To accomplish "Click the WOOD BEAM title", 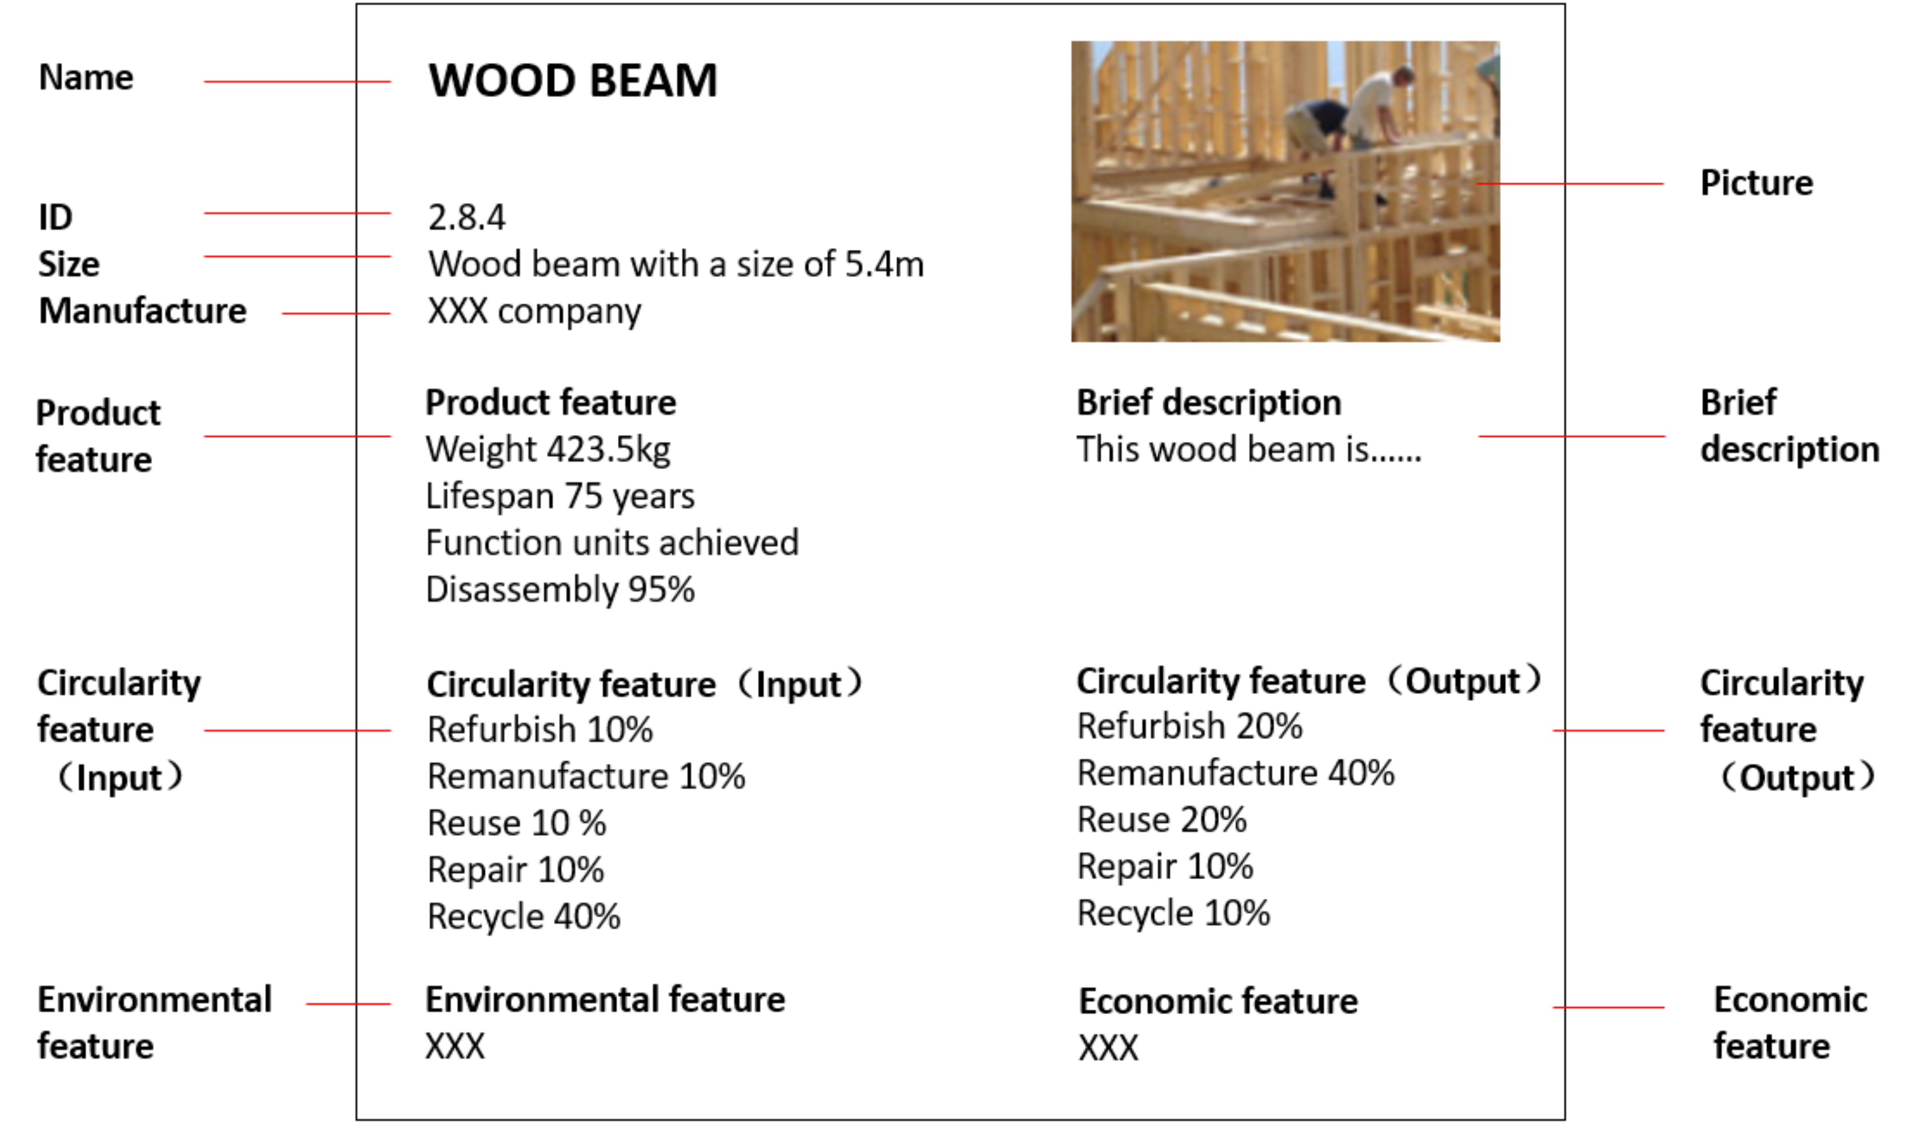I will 573,81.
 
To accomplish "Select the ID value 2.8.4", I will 466,218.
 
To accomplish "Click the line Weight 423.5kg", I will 548,450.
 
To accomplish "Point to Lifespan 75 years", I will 560,497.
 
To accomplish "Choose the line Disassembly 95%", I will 560,590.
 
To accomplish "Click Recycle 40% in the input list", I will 524,916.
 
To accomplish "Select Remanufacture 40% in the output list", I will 1235,773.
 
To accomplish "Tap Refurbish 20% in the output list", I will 1189,727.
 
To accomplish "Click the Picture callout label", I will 1756,183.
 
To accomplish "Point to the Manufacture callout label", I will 143,312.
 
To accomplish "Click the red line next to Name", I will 297,82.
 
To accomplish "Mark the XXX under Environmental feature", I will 455,1047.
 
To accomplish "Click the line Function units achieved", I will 612,543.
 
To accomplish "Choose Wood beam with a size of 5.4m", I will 676,265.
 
